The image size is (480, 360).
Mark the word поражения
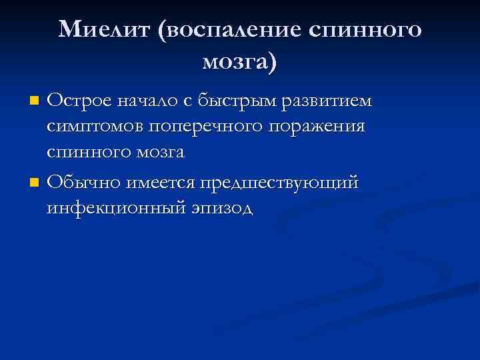315,127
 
